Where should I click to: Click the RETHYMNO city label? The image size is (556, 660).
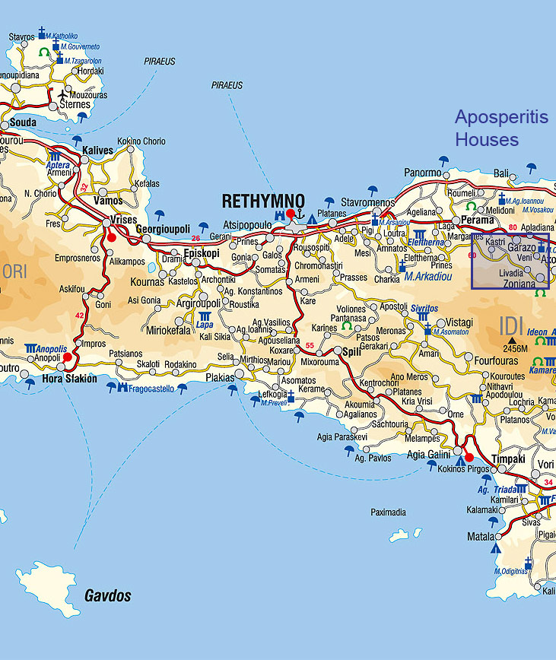tap(263, 201)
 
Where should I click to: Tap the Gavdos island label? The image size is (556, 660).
tap(107, 595)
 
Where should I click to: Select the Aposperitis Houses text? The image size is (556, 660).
tap(491, 129)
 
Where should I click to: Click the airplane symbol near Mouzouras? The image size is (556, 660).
tap(63, 94)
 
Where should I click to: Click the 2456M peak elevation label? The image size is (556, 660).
tap(514, 348)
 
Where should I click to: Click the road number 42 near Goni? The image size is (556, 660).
tap(80, 315)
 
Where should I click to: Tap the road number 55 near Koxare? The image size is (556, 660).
tap(309, 347)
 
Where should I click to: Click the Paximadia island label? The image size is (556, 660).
tap(388, 512)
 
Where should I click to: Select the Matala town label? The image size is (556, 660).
tap(481, 536)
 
